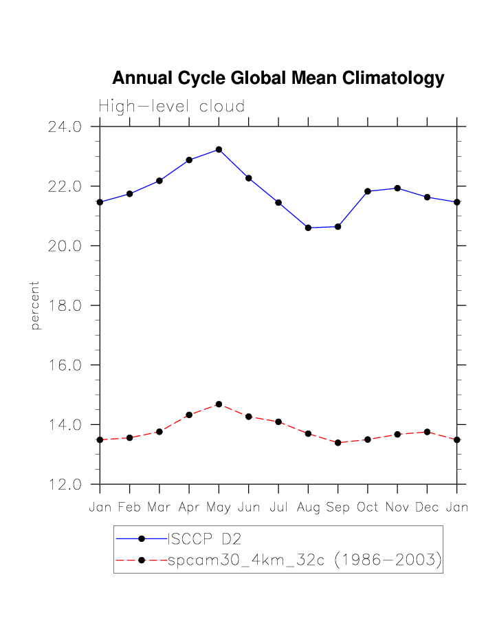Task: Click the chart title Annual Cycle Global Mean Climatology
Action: click(x=278, y=78)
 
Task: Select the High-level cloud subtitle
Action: click(x=171, y=107)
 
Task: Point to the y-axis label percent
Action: click(x=36, y=305)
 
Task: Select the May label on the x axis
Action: click(x=219, y=508)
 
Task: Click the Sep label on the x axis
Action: click(x=338, y=508)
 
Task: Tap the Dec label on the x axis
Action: click(x=427, y=508)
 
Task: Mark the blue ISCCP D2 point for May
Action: click(x=219, y=149)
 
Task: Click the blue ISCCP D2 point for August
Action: click(x=308, y=228)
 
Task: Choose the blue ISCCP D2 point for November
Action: click(x=397, y=188)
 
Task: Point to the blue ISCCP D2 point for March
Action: click(x=159, y=181)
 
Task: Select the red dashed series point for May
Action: click(x=219, y=404)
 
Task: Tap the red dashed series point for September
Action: click(x=338, y=443)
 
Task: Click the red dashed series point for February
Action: click(x=129, y=437)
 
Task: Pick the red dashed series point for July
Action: click(x=278, y=422)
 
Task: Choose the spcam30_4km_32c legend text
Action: click(x=304, y=560)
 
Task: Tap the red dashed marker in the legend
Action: click(x=141, y=560)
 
